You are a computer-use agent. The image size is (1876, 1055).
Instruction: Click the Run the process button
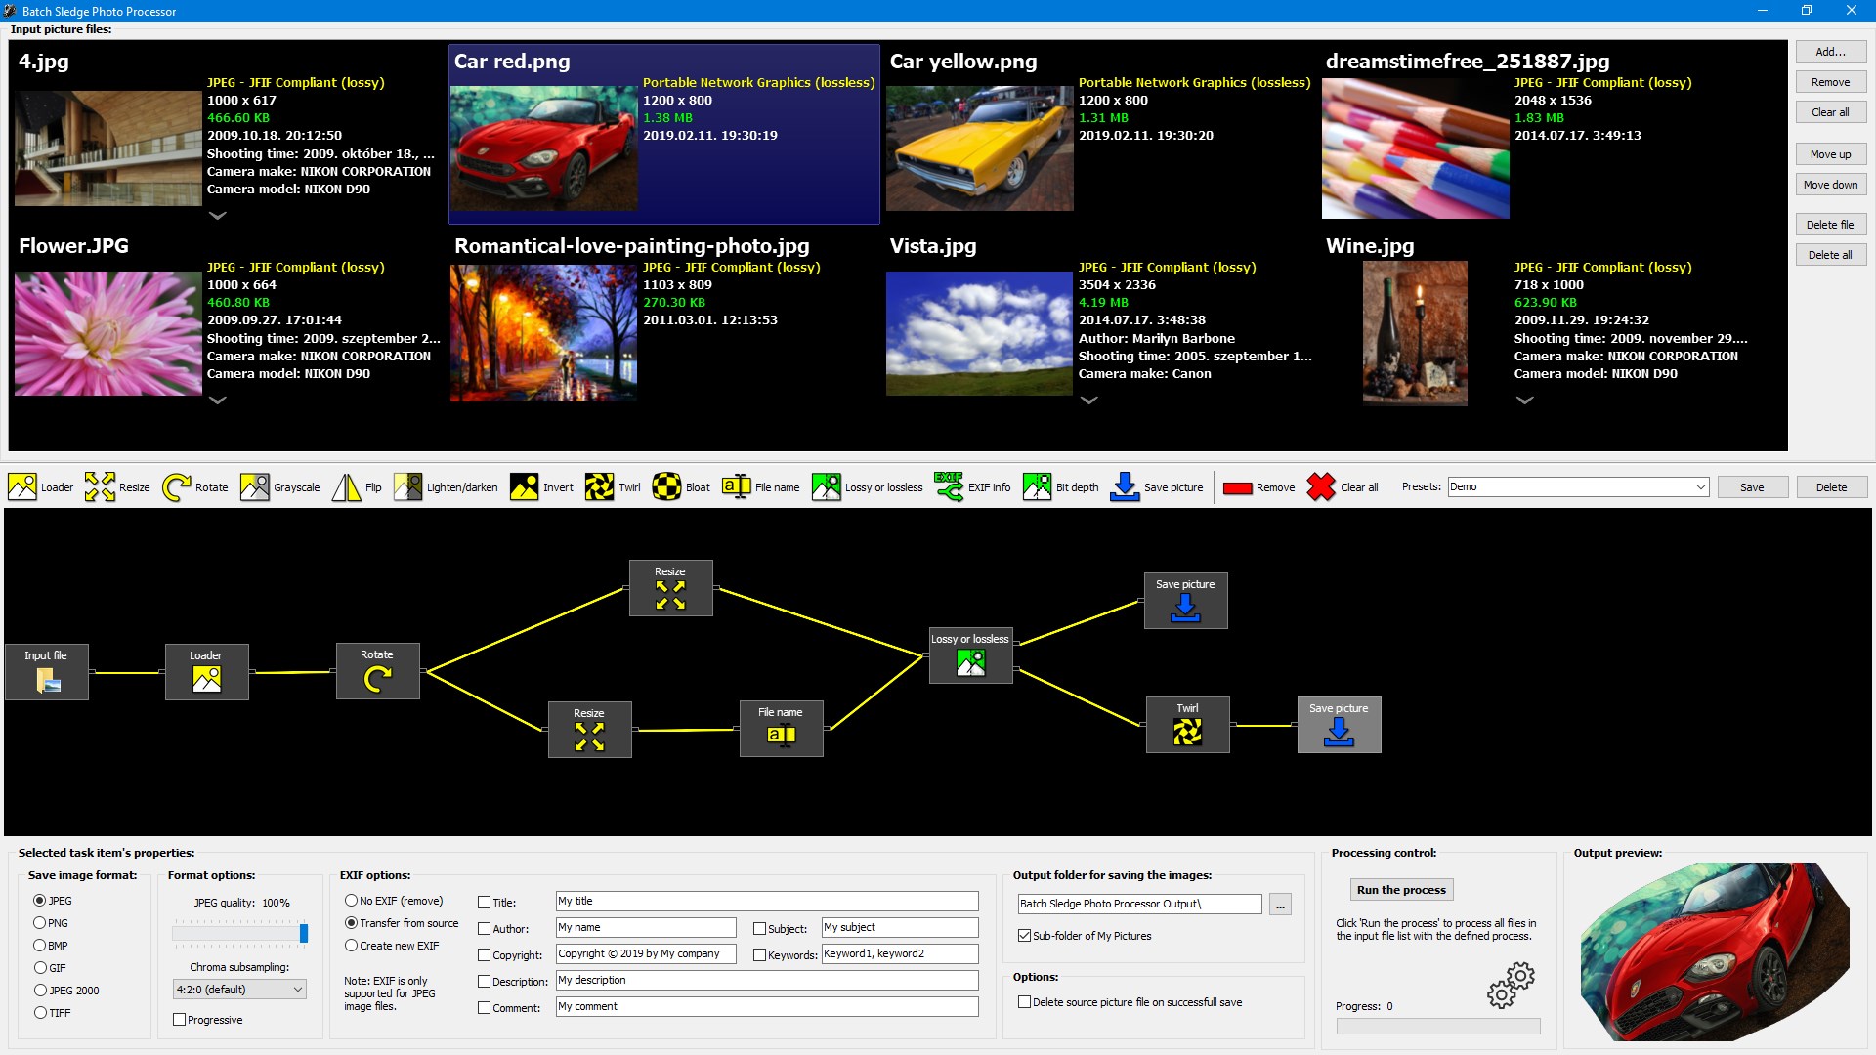pyautogui.click(x=1401, y=890)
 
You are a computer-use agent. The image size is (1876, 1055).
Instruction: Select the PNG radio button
pyautogui.click(x=40, y=923)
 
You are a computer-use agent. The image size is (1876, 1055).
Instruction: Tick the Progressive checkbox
pyautogui.click(x=180, y=1020)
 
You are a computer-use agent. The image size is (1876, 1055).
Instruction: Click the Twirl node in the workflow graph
pyautogui.click(x=1187, y=725)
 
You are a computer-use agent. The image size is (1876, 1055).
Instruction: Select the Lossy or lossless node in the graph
pyautogui.click(x=970, y=655)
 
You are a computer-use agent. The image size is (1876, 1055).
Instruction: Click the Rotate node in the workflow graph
pyautogui.click(x=377, y=671)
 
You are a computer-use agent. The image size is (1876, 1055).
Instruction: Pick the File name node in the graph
pyautogui.click(x=781, y=729)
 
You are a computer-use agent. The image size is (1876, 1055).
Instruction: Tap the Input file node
pyautogui.click(x=46, y=672)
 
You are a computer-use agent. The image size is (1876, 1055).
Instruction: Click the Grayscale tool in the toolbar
pyautogui.click(x=280, y=487)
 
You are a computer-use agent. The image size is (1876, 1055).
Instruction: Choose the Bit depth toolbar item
pyautogui.click(x=1061, y=487)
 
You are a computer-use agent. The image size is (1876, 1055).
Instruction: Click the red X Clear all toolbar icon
pyautogui.click(x=1321, y=486)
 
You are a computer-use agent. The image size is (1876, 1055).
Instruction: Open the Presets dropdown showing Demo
pyautogui.click(x=1578, y=487)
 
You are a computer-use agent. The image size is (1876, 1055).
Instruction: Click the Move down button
pyautogui.click(x=1830, y=185)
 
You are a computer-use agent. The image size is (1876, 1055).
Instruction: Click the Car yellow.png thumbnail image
pyautogui.click(x=979, y=148)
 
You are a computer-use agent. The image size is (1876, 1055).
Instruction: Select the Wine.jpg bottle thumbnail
pyautogui.click(x=1415, y=333)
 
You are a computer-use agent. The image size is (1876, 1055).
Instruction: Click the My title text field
pyautogui.click(x=767, y=902)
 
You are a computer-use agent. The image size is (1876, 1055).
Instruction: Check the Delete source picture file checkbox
pyautogui.click(x=1024, y=1002)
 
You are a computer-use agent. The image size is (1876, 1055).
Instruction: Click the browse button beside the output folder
pyautogui.click(x=1280, y=905)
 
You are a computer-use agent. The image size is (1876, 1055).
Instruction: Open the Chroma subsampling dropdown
pyautogui.click(x=239, y=990)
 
